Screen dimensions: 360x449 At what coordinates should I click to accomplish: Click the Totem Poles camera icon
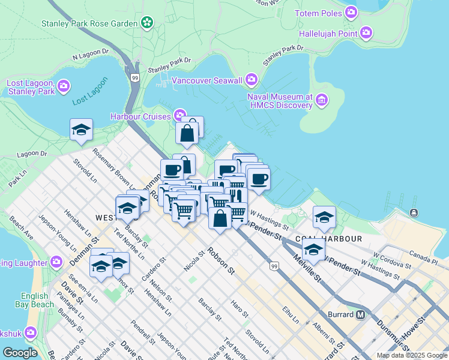click(x=351, y=13)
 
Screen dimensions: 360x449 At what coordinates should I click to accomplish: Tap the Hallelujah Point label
click(x=332, y=34)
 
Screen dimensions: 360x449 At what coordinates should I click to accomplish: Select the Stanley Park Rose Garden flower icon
click(x=147, y=23)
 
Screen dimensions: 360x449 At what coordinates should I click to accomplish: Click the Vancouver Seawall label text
click(x=206, y=80)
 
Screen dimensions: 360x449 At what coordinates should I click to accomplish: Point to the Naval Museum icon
click(x=322, y=100)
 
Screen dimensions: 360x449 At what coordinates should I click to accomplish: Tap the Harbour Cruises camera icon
click(x=179, y=115)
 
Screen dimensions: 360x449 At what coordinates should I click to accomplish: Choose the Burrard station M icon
click(x=361, y=314)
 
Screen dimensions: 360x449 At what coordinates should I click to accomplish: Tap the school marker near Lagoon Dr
click(x=81, y=130)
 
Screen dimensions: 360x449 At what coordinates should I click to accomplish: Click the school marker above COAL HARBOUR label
click(x=324, y=217)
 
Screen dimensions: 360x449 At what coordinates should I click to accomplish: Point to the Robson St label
click(x=220, y=262)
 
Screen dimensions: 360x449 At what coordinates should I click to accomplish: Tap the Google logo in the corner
click(x=20, y=353)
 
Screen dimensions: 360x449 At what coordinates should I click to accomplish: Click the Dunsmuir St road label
click(x=390, y=335)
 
